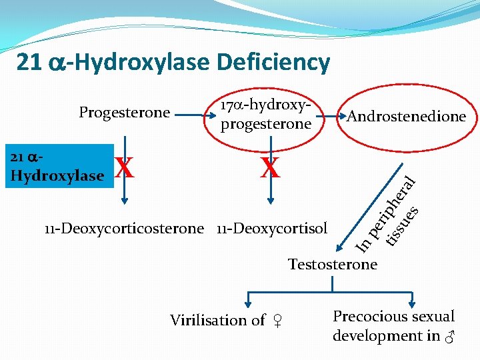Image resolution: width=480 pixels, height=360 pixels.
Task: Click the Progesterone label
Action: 125,112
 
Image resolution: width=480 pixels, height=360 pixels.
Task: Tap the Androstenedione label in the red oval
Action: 406,117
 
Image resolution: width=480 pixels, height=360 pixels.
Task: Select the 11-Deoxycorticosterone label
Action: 124,229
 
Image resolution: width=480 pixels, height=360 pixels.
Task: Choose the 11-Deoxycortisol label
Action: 272,229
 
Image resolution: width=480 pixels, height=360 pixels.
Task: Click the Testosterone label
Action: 333,264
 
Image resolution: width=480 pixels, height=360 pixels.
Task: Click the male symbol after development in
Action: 449,337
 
